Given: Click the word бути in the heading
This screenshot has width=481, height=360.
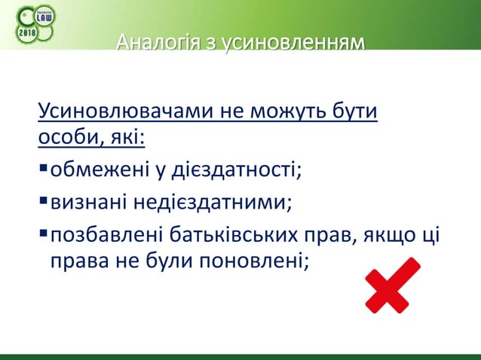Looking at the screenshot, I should [355, 114].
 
